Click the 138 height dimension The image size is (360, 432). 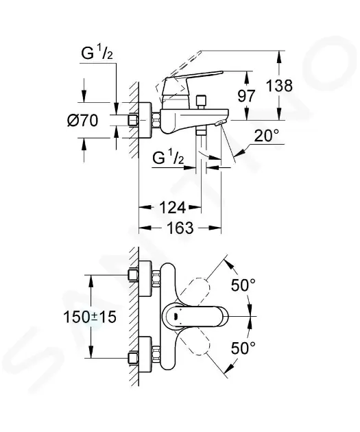tap(279, 86)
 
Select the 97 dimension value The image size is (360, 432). tap(247, 96)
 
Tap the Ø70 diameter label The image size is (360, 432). tap(83, 121)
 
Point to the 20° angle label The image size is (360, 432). tap(266, 136)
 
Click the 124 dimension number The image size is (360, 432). tap(173, 207)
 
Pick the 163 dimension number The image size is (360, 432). tap(180, 228)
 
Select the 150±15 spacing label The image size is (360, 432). tap(90, 317)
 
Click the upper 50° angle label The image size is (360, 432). tap(243, 285)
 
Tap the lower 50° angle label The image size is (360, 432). tap(243, 348)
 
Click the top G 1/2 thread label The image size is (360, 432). tap(97, 53)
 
